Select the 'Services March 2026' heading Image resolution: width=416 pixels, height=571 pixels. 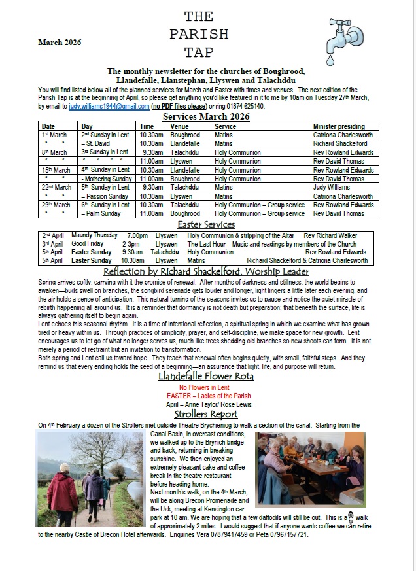(206, 116)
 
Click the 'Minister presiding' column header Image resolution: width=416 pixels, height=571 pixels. (339, 126)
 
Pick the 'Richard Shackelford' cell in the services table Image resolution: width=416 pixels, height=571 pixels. (340, 143)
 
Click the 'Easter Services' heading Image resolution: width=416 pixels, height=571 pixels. (206, 224)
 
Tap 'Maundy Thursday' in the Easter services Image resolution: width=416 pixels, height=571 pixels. (94, 235)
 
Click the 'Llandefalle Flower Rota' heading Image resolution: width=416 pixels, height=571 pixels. (206, 376)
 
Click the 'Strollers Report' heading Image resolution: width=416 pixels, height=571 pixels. (206, 414)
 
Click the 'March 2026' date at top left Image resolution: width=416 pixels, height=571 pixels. (60, 43)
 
